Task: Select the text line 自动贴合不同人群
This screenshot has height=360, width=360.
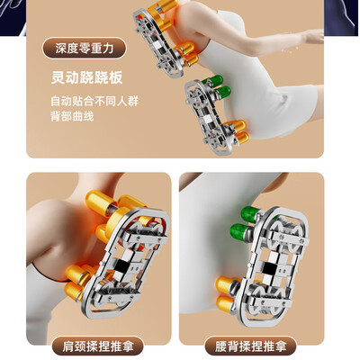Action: [x=94, y=102]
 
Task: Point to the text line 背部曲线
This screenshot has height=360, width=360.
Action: [x=70, y=117]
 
